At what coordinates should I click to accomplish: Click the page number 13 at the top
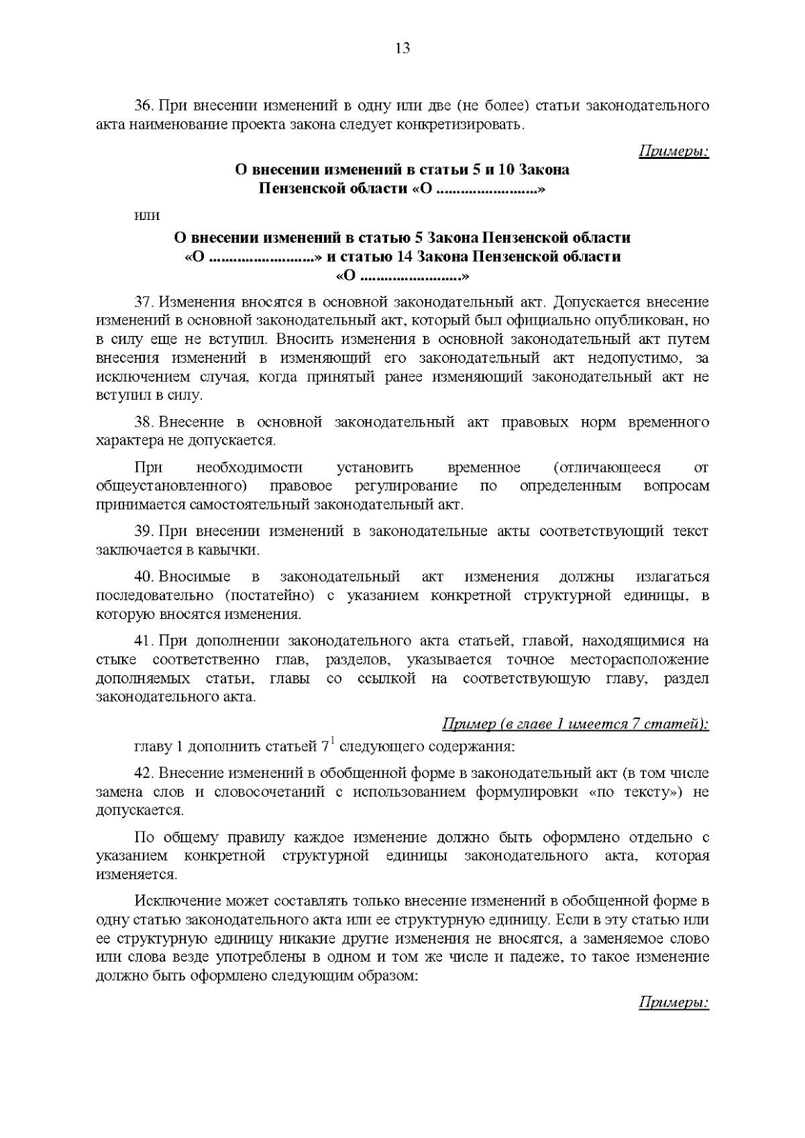(402, 48)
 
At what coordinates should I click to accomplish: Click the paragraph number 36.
(144, 107)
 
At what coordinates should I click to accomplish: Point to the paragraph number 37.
(144, 302)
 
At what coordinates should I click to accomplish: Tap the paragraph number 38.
(144, 422)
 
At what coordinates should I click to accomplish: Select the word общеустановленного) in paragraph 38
(173, 486)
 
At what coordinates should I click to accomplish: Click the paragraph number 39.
(144, 532)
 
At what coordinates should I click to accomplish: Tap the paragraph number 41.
(144, 641)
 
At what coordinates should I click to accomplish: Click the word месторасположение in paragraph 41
(639, 660)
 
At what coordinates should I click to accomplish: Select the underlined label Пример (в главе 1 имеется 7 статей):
(576, 724)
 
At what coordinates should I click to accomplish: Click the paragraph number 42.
(144, 773)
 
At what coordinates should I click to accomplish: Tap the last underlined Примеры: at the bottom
(673, 1003)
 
